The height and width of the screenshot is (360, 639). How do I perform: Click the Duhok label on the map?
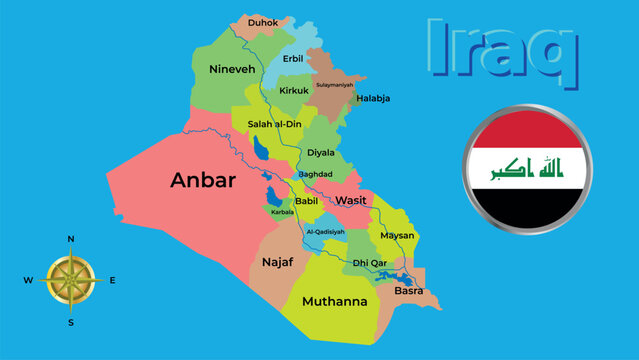(263, 21)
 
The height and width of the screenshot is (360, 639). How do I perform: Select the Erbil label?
(293, 58)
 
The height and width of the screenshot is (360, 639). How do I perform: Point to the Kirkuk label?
(294, 90)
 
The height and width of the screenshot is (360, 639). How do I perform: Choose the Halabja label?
(372, 98)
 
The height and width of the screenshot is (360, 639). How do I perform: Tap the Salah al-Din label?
(275, 123)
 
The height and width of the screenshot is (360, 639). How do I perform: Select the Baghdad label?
(315, 173)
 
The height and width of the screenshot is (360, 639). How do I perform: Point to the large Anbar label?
(203, 181)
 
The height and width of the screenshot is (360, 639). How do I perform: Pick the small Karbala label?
(282, 212)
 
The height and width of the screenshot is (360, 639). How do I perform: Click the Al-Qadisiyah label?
(325, 231)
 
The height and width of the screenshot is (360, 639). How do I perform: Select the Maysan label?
(397, 236)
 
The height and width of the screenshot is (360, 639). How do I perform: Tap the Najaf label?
(277, 261)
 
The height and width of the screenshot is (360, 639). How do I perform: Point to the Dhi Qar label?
(370, 263)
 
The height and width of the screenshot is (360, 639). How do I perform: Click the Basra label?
(409, 291)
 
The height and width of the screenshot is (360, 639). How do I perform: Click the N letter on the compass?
(71, 240)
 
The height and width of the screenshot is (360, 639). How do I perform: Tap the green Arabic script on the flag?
(526, 170)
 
